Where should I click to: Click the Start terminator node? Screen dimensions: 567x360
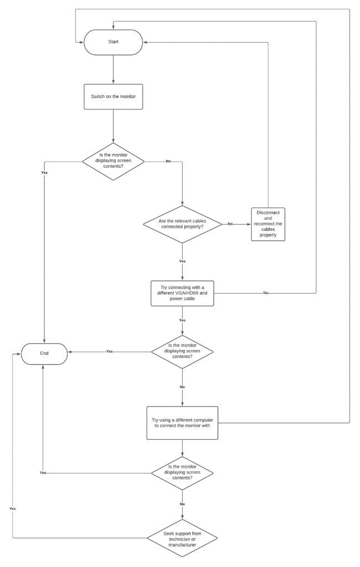pos(113,42)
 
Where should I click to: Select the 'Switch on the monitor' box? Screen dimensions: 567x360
pos(113,96)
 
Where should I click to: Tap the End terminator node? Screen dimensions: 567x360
pos(44,352)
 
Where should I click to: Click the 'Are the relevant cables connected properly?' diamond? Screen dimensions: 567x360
pos(182,224)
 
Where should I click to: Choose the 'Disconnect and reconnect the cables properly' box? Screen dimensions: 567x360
pos(268,224)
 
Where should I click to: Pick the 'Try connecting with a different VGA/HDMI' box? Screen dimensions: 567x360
pos(182,293)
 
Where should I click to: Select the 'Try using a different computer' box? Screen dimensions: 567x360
pos(182,424)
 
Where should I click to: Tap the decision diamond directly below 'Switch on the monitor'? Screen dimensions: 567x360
pos(113,161)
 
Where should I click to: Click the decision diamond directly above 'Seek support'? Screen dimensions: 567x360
pos(182,473)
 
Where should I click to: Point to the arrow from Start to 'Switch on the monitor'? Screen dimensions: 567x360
pos(113,69)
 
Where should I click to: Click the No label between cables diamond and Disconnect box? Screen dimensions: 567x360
pos(230,224)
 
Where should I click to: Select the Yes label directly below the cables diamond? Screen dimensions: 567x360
pos(182,260)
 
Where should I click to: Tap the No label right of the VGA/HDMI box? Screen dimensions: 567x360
pos(266,292)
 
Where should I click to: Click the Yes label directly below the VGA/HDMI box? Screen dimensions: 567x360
pos(182,320)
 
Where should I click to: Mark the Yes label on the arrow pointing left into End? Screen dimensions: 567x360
pos(109,352)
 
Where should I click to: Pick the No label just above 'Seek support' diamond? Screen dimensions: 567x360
pos(182,504)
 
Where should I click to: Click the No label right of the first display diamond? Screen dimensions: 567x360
pos(168,161)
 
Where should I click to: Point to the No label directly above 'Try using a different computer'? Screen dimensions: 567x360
pos(182,386)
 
